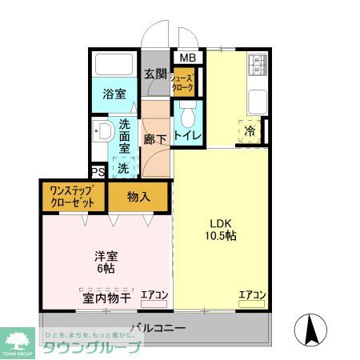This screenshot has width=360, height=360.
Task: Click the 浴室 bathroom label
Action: (x=113, y=94)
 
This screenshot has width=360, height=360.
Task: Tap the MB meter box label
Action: (x=187, y=58)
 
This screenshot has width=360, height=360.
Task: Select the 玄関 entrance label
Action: (x=155, y=74)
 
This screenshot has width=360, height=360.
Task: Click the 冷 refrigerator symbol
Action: (x=250, y=130)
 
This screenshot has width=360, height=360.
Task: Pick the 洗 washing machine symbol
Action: (x=123, y=168)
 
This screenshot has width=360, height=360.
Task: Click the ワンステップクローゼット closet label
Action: (x=74, y=197)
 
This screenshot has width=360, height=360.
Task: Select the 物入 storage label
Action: (x=139, y=197)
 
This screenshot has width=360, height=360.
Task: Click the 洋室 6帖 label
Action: (x=106, y=263)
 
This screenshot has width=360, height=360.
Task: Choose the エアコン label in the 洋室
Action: (x=154, y=296)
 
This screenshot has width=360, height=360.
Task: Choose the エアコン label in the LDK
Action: (x=251, y=296)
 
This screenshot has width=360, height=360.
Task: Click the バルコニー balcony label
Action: (x=158, y=327)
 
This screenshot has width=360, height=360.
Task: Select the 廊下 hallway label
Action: (x=154, y=138)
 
